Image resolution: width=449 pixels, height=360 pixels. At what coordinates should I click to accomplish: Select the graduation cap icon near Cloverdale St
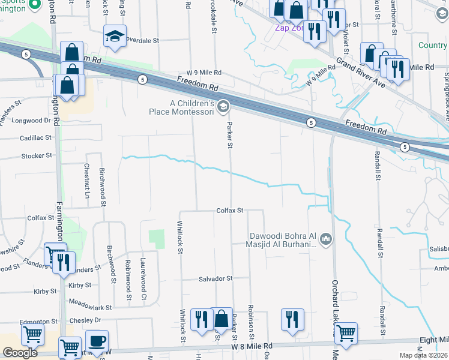(x=113, y=37)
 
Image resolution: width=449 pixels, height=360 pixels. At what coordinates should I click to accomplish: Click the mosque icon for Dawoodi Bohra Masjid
(x=326, y=239)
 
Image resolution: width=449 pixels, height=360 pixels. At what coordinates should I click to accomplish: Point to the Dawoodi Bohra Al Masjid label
(x=282, y=239)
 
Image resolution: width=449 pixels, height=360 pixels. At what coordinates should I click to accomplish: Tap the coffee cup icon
(x=97, y=341)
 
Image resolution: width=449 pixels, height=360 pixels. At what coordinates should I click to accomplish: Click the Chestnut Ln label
(x=87, y=182)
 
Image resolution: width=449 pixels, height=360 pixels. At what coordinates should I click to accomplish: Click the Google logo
(x=20, y=353)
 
